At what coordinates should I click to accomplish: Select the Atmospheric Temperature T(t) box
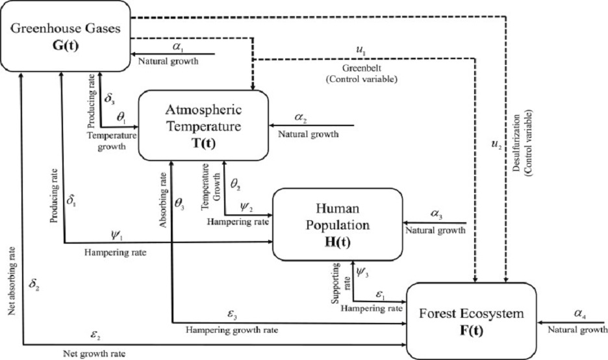click(x=203, y=124)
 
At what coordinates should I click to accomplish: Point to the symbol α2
click(x=300, y=118)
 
